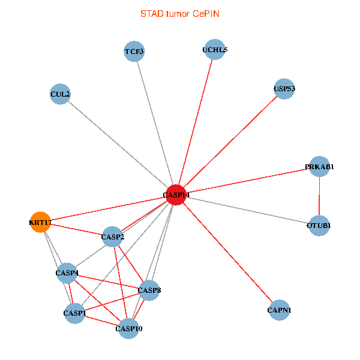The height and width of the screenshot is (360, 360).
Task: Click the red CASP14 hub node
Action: pos(176,194)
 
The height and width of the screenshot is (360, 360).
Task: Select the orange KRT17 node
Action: pos(40,222)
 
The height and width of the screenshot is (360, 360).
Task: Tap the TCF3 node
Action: pos(134,52)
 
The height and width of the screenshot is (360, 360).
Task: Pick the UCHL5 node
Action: pos(215,50)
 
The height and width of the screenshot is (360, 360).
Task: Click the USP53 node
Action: pos(284,89)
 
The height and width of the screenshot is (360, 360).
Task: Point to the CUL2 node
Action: pos(60,94)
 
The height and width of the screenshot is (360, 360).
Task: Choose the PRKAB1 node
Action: pos(319,166)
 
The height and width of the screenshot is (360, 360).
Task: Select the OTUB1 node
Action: pos(319,226)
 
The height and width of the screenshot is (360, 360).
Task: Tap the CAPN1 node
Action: pos(279,310)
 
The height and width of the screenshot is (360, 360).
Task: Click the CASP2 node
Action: pos(113,237)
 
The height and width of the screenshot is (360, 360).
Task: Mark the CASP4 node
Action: pos(67,273)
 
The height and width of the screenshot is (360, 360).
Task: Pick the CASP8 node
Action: pos(149,290)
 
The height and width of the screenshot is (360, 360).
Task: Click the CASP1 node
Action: pos(74,313)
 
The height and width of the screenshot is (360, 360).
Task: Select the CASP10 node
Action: pos(129,329)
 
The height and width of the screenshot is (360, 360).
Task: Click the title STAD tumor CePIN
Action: pos(180,14)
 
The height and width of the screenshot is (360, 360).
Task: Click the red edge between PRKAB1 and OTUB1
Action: pos(319,196)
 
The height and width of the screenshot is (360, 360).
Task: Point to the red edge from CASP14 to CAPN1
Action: pos(228,253)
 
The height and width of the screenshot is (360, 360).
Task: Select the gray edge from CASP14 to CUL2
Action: pos(118,145)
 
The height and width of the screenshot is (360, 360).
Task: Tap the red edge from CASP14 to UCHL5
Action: pos(196,122)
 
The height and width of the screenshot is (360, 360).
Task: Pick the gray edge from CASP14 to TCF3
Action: pos(155,123)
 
